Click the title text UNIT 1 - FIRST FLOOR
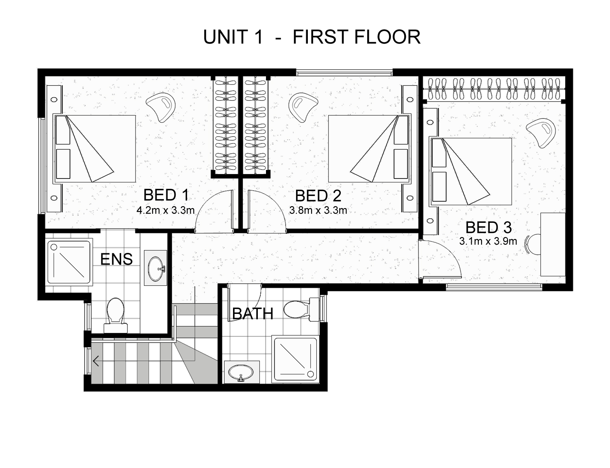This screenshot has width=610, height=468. [312, 37]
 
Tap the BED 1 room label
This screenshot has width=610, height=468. [166, 195]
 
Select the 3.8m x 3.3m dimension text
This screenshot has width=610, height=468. [318, 210]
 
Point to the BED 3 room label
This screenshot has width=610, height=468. [488, 227]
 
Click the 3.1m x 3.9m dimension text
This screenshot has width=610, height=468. [488, 241]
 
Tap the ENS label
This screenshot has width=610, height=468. [116, 259]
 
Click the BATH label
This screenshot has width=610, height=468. [253, 313]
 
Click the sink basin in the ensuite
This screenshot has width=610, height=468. [156, 268]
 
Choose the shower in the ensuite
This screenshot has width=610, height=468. [69, 262]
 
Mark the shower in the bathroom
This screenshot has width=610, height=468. [295, 359]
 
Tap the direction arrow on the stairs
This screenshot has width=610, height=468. [96, 361]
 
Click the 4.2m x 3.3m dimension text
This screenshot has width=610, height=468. [166, 210]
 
